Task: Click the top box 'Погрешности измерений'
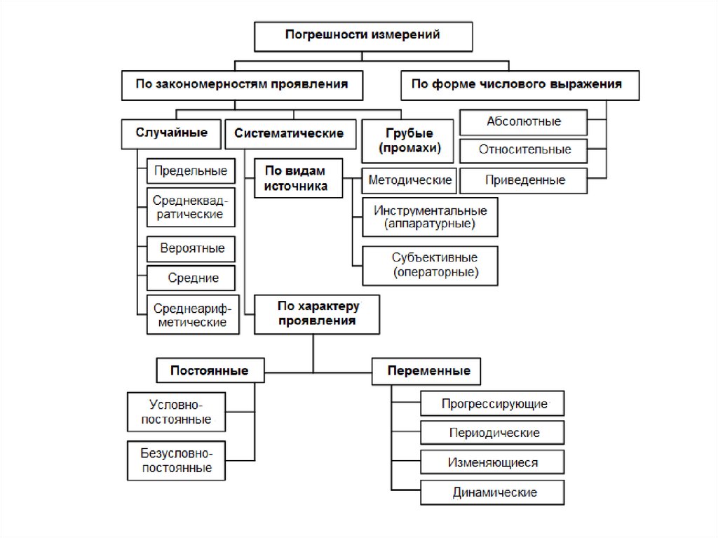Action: pyautogui.click(x=363, y=36)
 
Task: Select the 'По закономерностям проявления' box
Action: pyautogui.click(x=241, y=85)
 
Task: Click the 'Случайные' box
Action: pyautogui.click(x=171, y=133)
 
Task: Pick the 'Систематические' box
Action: pyautogui.click(x=289, y=133)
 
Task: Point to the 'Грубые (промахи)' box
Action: pyautogui.click(x=409, y=140)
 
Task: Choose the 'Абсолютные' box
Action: pyautogui.click(x=524, y=121)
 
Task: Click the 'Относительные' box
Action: pyautogui.click(x=524, y=150)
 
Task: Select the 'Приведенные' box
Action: pyautogui.click(x=524, y=180)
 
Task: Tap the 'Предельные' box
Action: pyautogui.click(x=191, y=171)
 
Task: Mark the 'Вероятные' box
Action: pyautogui.click(x=191, y=248)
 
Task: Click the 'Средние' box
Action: pyautogui.click(x=191, y=278)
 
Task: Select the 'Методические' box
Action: pyautogui.click(x=409, y=180)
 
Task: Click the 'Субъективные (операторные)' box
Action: pyautogui.click(x=430, y=264)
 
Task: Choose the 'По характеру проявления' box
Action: pyautogui.click(x=317, y=314)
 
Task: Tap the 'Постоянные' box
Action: pyautogui.click(x=209, y=370)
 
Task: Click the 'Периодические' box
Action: pyautogui.click(x=493, y=432)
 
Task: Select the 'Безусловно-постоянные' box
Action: pyautogui.click(x=177, y=460)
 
